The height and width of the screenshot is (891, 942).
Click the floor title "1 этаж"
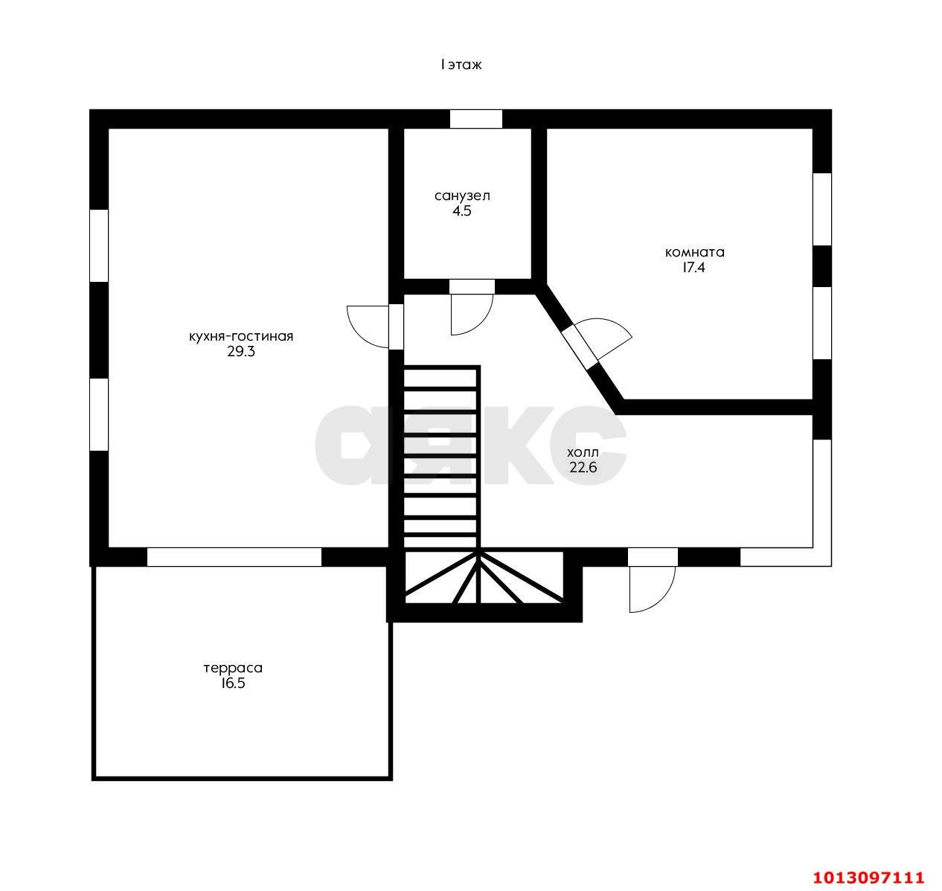click(x=461, y=65)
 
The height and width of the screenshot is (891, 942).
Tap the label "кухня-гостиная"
click(x=241, y=337)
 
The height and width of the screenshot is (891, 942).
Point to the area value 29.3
click(x=241, y=352)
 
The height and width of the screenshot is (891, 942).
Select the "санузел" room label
click(x=462, y=196)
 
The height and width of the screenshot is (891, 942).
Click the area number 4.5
click(x=462, y=210)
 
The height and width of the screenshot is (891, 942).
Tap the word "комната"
click(x=694, y=252)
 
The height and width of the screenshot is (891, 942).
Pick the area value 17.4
click(x=693, y=267)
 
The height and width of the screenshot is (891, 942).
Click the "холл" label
click(x=583, y=452)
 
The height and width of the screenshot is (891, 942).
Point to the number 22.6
click(x=583, y=467)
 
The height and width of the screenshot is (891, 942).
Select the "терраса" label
click(x=233, y=668)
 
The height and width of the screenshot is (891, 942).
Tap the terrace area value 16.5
click(x=233, y=683)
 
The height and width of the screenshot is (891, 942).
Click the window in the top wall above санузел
click(x=475, y=119)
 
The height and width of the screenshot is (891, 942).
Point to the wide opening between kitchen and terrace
click(x=234, y=556)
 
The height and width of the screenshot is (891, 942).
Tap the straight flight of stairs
click(x=440, y=457)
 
